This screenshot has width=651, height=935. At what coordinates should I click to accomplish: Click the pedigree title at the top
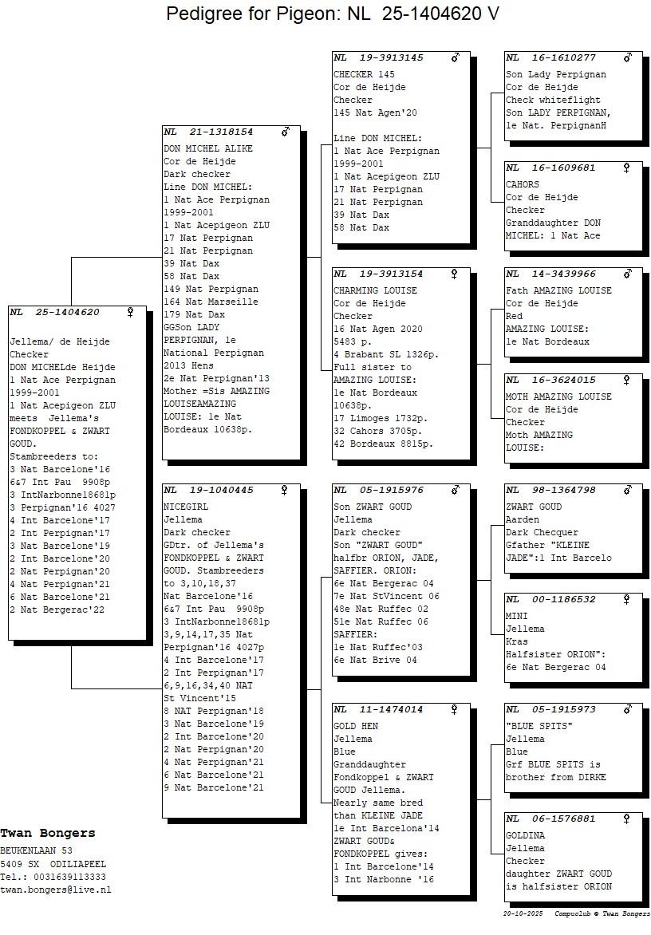click(x=332, y=13)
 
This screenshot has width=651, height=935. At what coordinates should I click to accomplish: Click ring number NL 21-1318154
click(x=208, y=132)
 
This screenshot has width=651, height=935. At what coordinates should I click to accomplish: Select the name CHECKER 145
click(x=364, y=74)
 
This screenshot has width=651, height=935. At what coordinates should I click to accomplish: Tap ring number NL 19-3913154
click(x=378, y=274)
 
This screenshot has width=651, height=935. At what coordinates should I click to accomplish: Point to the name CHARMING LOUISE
click(x=375, y=290)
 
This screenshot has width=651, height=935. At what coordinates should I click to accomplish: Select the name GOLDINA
click(x=525, y=835)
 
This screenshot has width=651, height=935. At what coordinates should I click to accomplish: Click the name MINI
click(x=516, y=616)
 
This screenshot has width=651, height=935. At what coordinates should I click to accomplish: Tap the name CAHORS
click(x=523, y=185)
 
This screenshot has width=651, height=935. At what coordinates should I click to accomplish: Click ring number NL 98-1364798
click(x=550, y=490)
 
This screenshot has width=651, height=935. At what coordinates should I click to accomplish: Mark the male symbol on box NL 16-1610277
click(x=627, y=58)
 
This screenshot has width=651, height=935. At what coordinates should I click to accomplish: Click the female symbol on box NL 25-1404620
click(x=130, y=313)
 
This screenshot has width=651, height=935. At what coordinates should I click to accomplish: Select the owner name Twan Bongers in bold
click(x=48, y=833)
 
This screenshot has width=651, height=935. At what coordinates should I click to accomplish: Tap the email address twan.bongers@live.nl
click(x=55, y=890)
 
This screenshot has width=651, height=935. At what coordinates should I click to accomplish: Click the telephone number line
click(x=53, y=877)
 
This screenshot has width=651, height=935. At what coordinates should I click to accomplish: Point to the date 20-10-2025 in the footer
click(x=523, y=913)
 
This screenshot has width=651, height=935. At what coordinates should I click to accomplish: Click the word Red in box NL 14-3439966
click(x=514, y=316)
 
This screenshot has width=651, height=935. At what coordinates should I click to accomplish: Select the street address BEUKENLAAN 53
click(x=36, y=850)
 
